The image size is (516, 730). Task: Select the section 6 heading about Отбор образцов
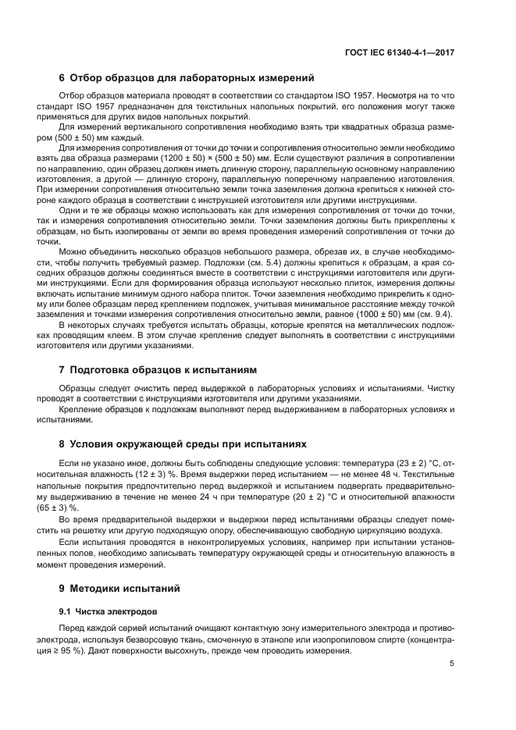(187, 78)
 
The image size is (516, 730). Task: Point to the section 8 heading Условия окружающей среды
(183, 443)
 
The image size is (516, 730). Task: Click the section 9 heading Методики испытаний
(120, 588)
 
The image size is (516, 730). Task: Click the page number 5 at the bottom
(452, 664)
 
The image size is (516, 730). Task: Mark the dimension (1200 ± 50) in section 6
(183, 157)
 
